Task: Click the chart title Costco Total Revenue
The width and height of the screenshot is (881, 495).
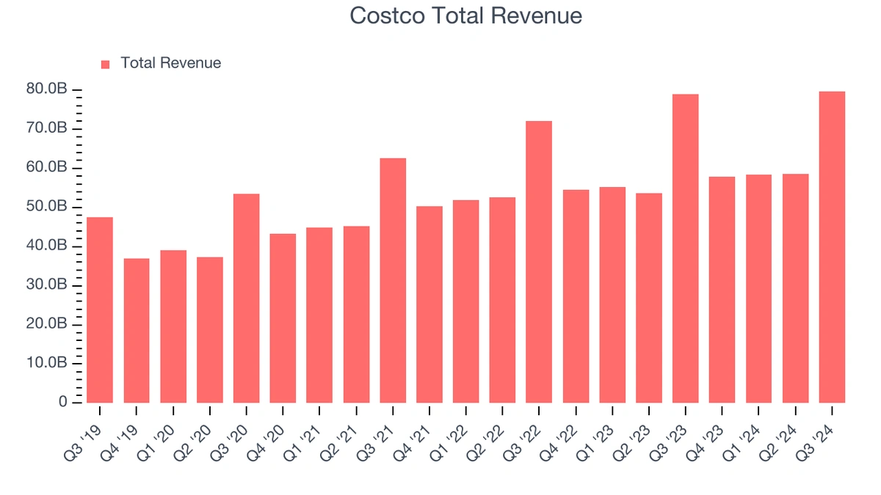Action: pos(465,16)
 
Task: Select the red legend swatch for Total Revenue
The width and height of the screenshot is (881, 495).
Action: pos(105,65)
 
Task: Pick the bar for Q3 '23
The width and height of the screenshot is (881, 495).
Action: pos(685,249)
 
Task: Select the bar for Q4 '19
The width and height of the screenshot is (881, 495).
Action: pos(137,331)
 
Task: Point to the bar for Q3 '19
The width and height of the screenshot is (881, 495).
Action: pos(100,310)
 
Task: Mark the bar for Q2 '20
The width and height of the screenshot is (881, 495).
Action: pos(210,330)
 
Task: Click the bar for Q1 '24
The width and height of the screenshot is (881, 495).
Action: pos(758,289)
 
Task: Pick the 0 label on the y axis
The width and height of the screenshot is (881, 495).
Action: pos(63,403)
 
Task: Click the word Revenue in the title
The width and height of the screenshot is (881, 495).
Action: pos(537,16)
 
